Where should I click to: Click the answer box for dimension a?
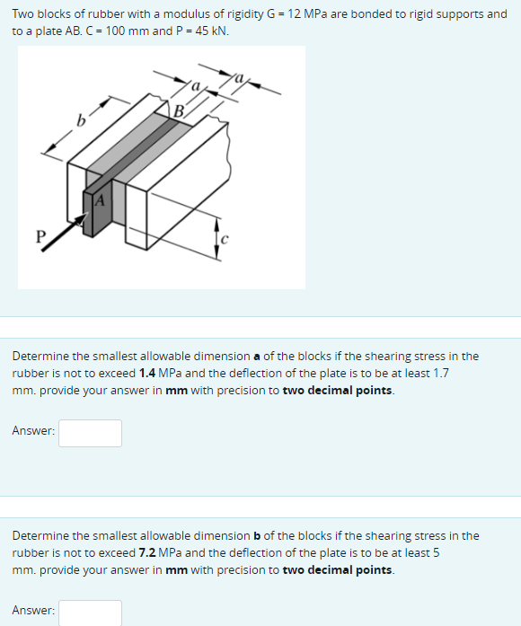[x=91, y=433]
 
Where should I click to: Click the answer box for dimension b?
[x=91, y=613]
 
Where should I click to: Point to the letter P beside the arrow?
[x=39, y=237]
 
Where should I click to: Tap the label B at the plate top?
[x=179, y=111]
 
